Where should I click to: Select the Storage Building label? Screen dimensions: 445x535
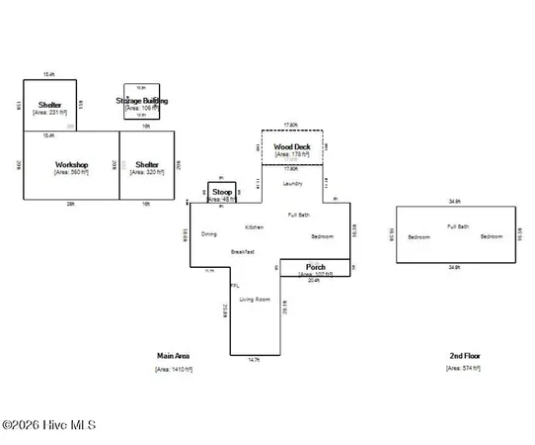coord(142,101)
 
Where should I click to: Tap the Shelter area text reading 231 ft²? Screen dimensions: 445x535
coord(49,114)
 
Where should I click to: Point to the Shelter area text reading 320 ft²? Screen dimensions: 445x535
coord(147,172)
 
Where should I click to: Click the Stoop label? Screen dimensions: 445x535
coord(222,191)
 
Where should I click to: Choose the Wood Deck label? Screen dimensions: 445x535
coord(291,146)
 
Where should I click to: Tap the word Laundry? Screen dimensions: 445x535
coord(292,184)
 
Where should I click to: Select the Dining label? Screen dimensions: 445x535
coord(208,234)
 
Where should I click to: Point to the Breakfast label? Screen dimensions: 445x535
coord(243,252)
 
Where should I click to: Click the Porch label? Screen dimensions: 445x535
coord(316,267)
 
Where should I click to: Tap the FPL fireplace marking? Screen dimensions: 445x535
coord(234,286)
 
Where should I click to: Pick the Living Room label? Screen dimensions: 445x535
coord(255,299)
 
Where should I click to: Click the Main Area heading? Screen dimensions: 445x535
coord(173,355)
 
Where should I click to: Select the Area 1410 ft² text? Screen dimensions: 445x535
coord(173,369)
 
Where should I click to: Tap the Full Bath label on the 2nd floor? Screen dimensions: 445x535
coord(457,226)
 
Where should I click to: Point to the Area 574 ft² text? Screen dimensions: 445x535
coord(463,369)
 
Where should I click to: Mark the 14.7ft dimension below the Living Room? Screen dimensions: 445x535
coord(255,360)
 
